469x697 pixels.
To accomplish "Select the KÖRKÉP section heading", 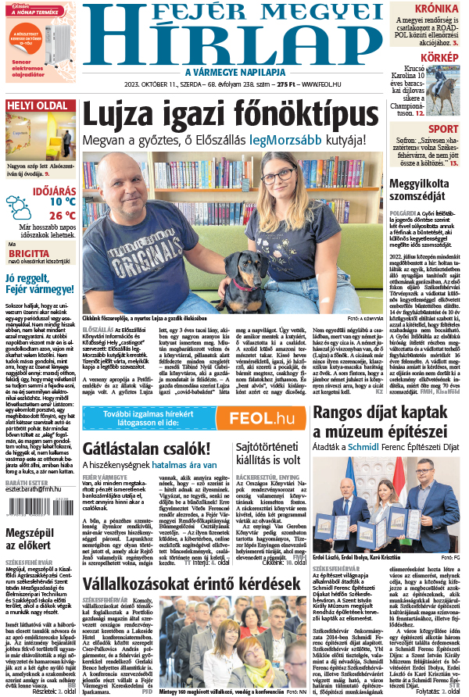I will [x=439, y=58].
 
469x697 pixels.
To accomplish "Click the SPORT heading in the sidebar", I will [x=443, y=129].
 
